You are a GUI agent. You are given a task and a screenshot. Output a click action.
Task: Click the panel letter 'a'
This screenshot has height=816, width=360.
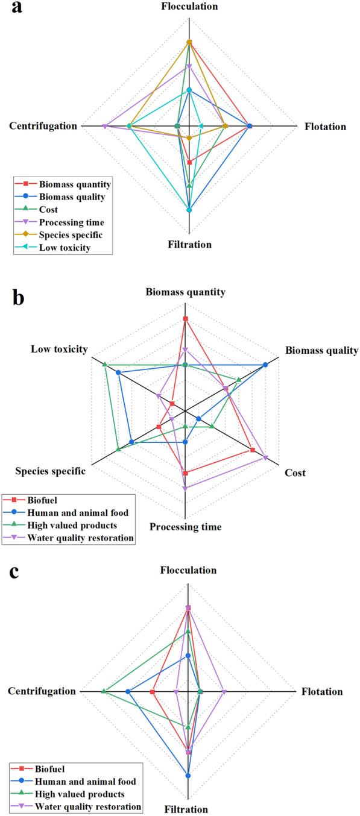(10, 11)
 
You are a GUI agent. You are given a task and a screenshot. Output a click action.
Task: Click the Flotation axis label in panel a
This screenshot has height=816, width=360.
(326, 127)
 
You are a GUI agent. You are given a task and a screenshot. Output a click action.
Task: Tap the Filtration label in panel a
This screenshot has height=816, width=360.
(189, 245)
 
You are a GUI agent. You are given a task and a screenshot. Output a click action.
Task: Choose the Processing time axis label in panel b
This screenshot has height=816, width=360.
(185, 527)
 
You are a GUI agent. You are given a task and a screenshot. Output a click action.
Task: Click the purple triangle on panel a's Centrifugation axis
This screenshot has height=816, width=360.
(105, 126)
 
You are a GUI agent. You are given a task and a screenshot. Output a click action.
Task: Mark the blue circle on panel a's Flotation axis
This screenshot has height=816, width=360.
(250, 126)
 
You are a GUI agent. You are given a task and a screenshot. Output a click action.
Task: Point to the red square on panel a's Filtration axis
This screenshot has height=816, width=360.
(189, 162)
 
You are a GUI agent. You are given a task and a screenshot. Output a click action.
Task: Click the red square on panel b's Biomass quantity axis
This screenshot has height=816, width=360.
(186, 318)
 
